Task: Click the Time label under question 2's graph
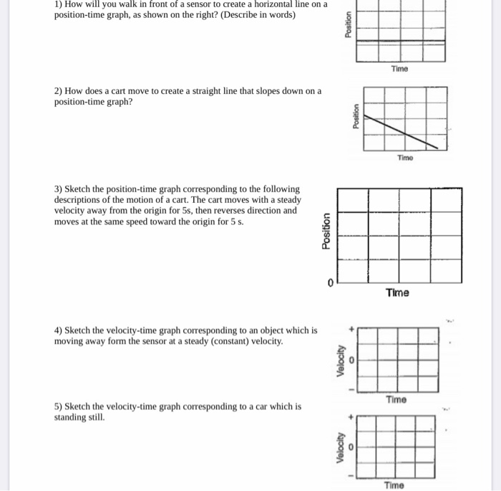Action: (x=405, y=158)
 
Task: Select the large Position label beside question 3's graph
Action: (x=326, y=231)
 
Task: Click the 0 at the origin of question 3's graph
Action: (x=330, y=284)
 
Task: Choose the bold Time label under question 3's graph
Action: (x=397, y=292)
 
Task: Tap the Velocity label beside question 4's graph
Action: (x=342, y=361)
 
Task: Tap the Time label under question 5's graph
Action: (x=394, y=485)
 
